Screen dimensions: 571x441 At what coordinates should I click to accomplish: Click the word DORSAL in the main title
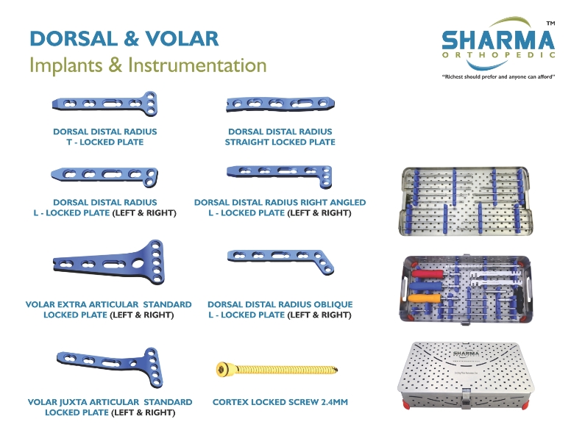[x=74, y=38]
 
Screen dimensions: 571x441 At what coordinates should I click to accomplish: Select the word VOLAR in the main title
[x=182, y=38]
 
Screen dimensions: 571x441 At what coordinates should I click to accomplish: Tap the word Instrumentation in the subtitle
[x=197, y=65]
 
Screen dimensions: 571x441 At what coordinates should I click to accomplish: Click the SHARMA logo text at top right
[x=498, y=40]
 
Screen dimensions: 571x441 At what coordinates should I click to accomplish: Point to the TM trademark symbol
[x=550, y=24]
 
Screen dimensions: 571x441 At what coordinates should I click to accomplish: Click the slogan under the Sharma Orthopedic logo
[x=499, y=76]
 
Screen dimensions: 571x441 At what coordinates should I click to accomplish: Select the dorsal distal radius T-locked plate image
[x=105, y=104]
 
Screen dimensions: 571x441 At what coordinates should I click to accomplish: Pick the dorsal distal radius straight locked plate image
[x=280, y=104]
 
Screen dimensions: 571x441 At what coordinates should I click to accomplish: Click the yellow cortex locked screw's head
[x=221, y=370]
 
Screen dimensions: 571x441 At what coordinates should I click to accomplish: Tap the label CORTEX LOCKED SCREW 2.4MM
[x=280, y=402]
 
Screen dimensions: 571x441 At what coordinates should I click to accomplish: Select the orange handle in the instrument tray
[x=424, y=298]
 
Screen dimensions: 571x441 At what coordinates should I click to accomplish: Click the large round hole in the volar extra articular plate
[x=138, y=263]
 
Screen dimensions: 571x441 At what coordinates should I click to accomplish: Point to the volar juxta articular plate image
[x=109, y=366]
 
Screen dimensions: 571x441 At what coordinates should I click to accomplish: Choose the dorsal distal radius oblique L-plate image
[x=280, y=261]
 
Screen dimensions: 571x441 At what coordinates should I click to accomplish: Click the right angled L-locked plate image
[x=280, y=176]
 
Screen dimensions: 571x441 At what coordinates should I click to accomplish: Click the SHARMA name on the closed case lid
[x=466, y=354]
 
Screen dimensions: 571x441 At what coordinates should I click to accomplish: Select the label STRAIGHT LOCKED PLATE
[x=280, y=143]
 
